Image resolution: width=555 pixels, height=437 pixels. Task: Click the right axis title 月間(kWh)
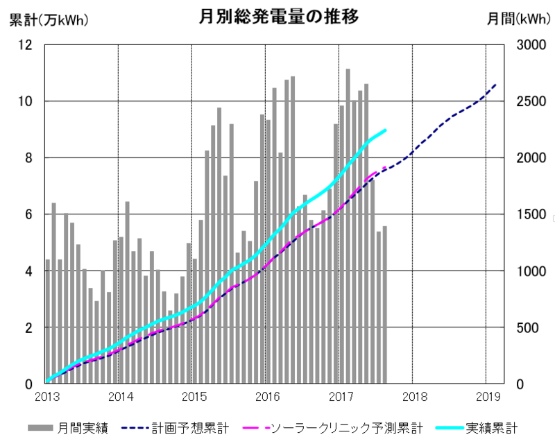(x=513, y=19)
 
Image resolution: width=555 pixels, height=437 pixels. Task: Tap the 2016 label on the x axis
(x=268, y=397)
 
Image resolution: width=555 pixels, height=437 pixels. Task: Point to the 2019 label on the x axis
(x=488, y=397)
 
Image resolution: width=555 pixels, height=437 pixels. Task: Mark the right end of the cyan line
(x=385, y=130)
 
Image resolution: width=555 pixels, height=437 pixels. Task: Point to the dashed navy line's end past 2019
(x=495, y=85)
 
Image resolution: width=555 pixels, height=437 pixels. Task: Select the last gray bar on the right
(x=385, y=305)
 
